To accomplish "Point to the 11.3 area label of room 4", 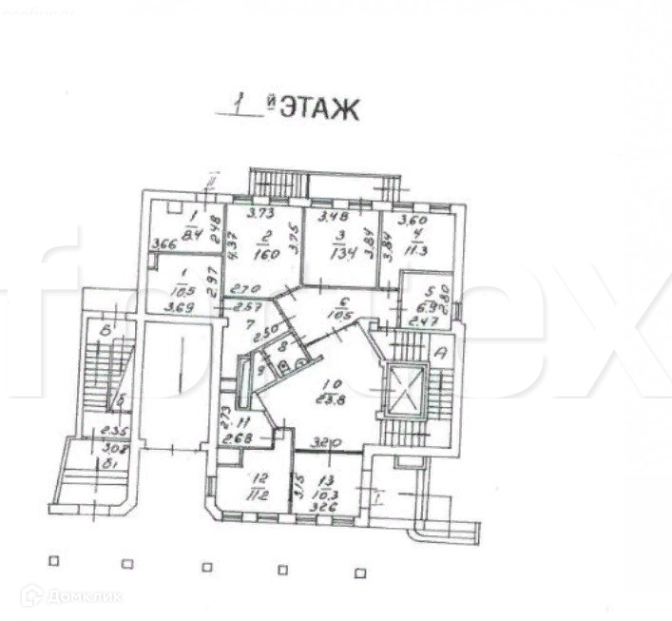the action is [x=410, y=252].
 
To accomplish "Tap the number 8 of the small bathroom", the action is [x=281, y=349].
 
